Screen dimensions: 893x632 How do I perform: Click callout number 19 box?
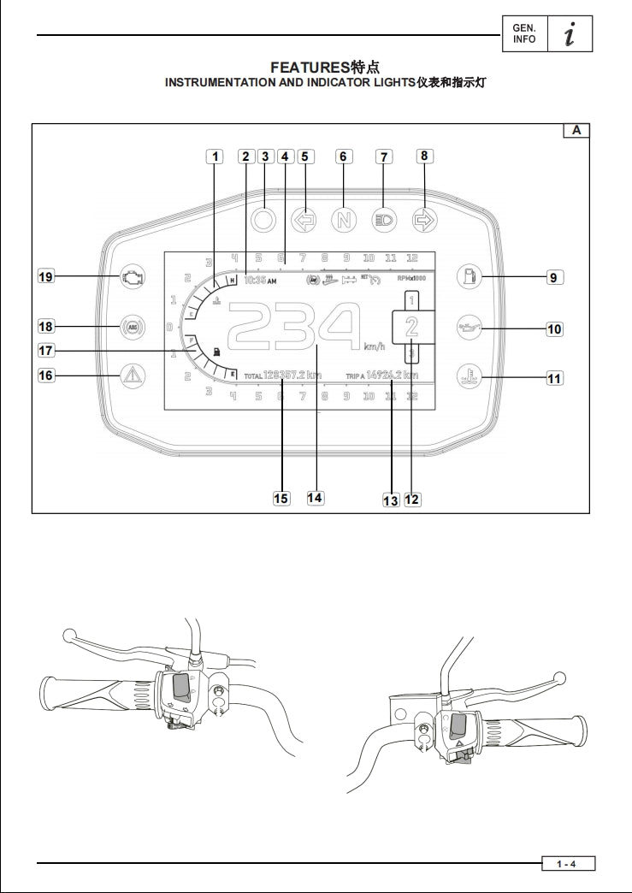click(x=45, y=276)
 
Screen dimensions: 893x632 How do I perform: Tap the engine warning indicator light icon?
click(x=132, y=276)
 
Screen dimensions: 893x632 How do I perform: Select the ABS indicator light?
click(x=132, y=326)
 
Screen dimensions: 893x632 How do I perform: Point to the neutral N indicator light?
click(x=343, y=219)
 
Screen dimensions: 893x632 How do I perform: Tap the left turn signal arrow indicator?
click(x=304, y=219)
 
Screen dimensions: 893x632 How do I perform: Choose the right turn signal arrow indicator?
click(x=424, y=219)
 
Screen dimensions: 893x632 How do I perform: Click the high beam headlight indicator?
click(x=384, y=219)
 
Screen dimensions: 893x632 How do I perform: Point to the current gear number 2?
click(x=411, y=326)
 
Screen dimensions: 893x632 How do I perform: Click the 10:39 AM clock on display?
click(x=260, y=279)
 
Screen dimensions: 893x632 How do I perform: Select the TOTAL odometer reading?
click(x=282, y=376)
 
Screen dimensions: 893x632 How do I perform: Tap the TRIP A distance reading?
click(x=382, y=376)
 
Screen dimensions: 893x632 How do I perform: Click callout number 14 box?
click(x=316, y=498)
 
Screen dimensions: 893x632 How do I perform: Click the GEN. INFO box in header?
click(x=523, y=34)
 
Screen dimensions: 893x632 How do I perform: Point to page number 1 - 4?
click(x=567, y=864)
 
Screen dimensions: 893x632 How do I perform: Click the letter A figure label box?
click(x=576, y=131)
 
